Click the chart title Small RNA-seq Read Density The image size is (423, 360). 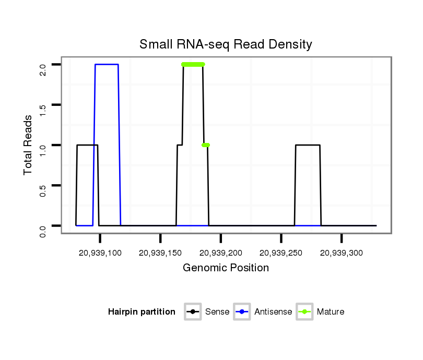click(226, 44)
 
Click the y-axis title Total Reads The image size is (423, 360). click(29, 145)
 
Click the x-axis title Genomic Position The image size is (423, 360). click(226, 268)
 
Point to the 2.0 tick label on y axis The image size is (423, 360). click(43, 65)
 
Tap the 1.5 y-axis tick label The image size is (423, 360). click(43, 105)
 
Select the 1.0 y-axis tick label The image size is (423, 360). click(43, 145)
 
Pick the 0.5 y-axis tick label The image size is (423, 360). click(43, 185)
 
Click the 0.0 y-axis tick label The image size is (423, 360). click(43, 226)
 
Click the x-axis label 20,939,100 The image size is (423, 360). click(100, 253)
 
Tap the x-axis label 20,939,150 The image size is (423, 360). click(160, 253)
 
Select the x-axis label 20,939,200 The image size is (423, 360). click(221, 253)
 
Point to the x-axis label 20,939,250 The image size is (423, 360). click(281, 253)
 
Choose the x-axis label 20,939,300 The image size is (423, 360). click(342, 253)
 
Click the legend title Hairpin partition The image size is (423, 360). click(142, 312)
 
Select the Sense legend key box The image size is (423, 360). click(193, 312)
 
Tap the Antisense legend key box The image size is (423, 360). click(242, 312)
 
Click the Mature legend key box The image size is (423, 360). click(304, 312)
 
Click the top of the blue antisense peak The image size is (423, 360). click(107, 65)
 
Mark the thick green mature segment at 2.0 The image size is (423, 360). click(193, 65)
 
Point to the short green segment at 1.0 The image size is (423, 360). click(206, 145)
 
